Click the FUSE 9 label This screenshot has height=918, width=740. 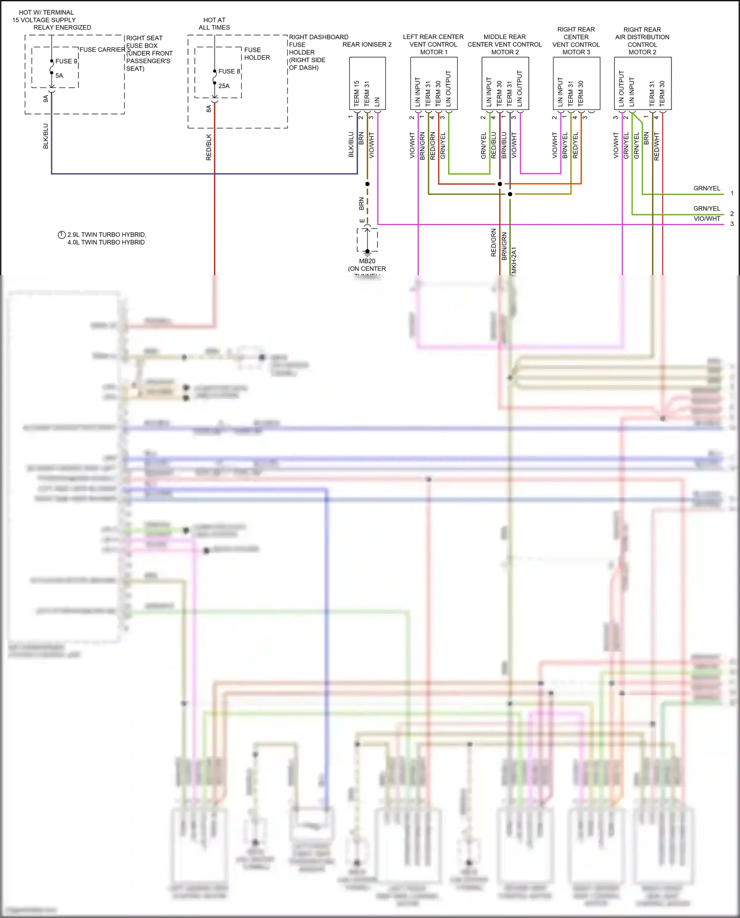coord(66,61)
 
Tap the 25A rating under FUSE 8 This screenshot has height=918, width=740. coord(224,86)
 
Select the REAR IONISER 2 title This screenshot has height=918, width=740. coord(367,44)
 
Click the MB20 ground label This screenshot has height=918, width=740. coord(367,261)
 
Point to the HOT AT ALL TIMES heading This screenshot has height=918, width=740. coord(214,24)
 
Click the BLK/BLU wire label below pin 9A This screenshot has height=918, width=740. coord(46,136)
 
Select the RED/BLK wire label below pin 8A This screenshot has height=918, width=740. coord(209,147)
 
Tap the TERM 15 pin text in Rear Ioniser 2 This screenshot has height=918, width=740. coord(357,94)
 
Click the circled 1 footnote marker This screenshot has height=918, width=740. coord(62,235)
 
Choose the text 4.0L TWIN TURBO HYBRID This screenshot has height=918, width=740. coord(106,242)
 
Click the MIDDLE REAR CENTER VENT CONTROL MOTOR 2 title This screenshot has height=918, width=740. coord(505,44)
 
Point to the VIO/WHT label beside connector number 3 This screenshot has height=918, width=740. coord(706,219)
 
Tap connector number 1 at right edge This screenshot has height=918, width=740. coord(732,193)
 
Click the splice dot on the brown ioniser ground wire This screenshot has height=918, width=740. coord(367,184)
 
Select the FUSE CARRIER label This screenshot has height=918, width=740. coord(102,49)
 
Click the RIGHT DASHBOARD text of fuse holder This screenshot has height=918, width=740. coord(318,37)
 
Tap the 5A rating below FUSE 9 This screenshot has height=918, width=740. coord(59,75)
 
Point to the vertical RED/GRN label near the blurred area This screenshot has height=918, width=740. coord(493,243)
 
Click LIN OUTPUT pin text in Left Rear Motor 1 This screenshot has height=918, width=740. coord(448,89)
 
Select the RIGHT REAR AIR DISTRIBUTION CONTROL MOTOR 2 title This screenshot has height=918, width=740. coord(642,41)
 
